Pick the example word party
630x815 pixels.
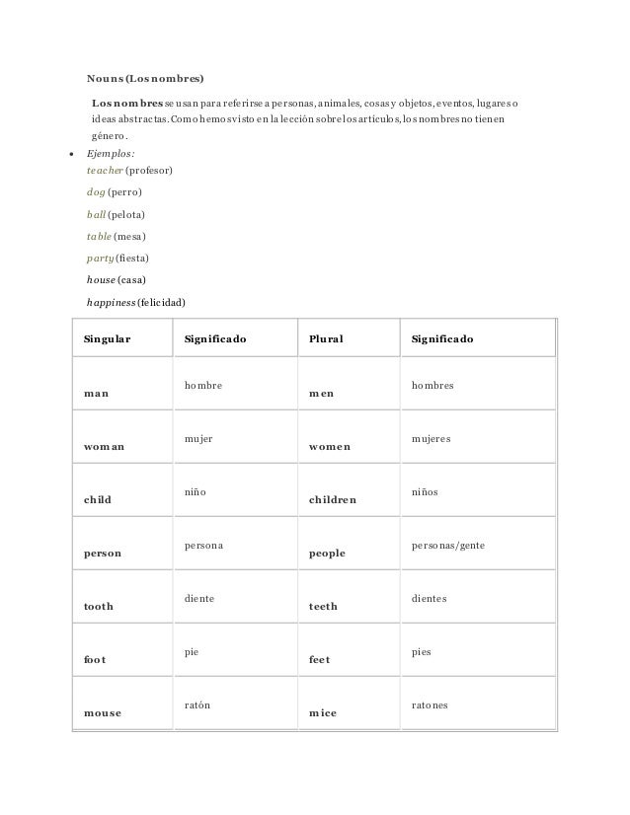coord(100,258)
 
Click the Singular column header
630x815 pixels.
coord(108,339)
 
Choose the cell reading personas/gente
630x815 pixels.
coord(446,545)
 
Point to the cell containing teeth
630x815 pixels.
coord(322,607)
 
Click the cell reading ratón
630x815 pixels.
coord(197,705)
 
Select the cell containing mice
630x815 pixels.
coord(322,713)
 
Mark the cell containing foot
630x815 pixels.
coord(96,660)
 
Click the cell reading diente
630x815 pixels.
coord(199,598)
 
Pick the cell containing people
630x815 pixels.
coord(327,554)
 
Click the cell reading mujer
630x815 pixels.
coord(198,437)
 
